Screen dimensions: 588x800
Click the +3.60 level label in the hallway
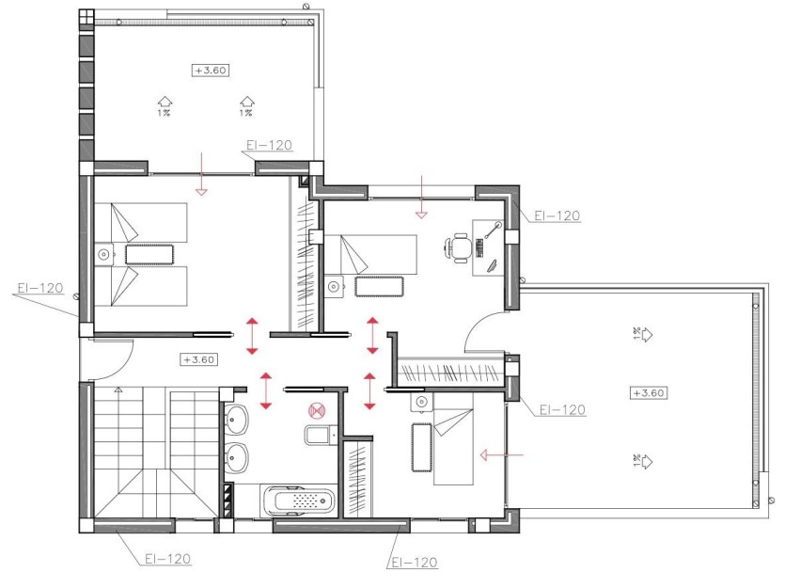[199, 359]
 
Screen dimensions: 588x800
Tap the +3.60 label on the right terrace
[649, 392]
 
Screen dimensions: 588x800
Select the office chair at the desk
[458, 247]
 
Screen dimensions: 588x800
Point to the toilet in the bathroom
[318, 435]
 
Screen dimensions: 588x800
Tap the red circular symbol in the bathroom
[317, 409]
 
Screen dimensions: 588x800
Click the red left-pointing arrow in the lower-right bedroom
[499, 455]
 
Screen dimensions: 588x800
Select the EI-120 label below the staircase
[167, 559]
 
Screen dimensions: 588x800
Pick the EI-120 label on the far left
[39, 288]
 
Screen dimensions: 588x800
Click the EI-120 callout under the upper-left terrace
[268, 146]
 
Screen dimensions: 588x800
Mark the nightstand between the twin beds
[103, 252]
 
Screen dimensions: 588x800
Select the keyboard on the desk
[480, 247]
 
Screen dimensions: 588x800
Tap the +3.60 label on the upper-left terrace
[212, 70]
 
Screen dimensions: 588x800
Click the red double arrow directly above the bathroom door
[266, 389]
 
